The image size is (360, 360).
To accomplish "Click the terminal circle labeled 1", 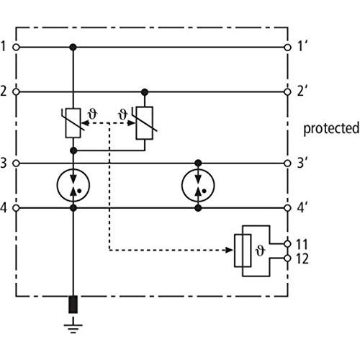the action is pos(16,48).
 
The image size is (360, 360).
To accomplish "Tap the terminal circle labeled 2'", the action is pos(287,92).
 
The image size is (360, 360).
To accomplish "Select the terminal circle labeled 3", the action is pos(16,163).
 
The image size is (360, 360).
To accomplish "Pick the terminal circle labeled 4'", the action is pos(287,208).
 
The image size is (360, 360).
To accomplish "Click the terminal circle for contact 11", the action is pos(287,244).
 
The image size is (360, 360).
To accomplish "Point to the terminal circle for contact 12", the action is pos(287,258).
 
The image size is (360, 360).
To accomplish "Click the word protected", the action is pos(331,129).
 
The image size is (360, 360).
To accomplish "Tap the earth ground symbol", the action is pos(73,325).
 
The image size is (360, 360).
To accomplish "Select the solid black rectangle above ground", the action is pos(73,305).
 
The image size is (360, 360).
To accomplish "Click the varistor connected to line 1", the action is pos(73,123).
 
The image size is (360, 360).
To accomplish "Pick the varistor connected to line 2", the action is pos(145,123).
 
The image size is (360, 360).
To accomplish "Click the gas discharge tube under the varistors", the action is pos(73,185).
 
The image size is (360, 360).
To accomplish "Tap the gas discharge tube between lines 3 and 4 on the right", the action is pos(198,185).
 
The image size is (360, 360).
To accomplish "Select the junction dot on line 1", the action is pos(73,48).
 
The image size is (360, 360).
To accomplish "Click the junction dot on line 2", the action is pos(145,92).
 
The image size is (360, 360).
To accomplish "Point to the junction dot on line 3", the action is pos(198,163).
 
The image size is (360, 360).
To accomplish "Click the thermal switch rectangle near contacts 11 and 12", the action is pos(243,251).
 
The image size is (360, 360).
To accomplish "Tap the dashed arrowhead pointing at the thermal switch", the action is pos(229,251).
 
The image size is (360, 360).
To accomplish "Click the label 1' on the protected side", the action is pos(302,46).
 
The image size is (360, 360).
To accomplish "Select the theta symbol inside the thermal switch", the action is pos(260,251).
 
